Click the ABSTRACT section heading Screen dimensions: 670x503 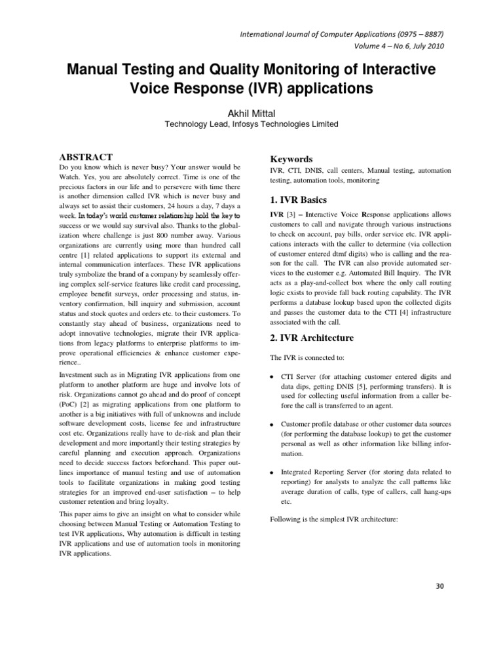[86, 157]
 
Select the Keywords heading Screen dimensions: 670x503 [291, 159]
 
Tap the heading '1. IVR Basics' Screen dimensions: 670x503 [299, 200]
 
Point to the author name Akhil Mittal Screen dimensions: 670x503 [251, 113]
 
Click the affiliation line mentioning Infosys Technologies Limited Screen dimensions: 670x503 [251, 124]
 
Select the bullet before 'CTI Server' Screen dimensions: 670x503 [272, 378]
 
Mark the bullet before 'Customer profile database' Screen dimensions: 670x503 [272, 426]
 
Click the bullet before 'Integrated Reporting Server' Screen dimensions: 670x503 [272, 472]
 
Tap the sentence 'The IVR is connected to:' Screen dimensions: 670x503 [306, 357]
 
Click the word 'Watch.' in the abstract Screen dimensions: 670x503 [71, 177]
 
